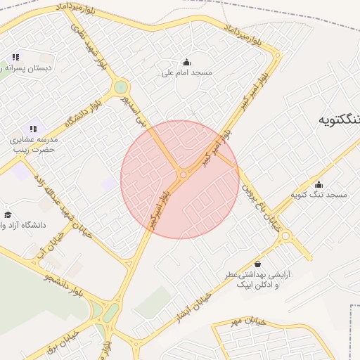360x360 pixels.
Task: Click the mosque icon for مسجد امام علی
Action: [x=186, y=61]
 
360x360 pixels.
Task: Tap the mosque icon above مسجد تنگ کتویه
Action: [x=319, y=184]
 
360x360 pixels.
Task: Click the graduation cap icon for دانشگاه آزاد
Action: [x=8, y=215]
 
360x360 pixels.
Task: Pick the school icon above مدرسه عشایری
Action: [x=33, y=129]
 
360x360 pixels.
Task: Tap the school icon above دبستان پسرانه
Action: [x=15, y=57]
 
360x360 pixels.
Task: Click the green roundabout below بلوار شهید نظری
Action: [x=121, y=87]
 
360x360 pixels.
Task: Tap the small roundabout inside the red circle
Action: [x=184, y=174]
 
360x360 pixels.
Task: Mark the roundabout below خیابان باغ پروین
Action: [x=285, y=238]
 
